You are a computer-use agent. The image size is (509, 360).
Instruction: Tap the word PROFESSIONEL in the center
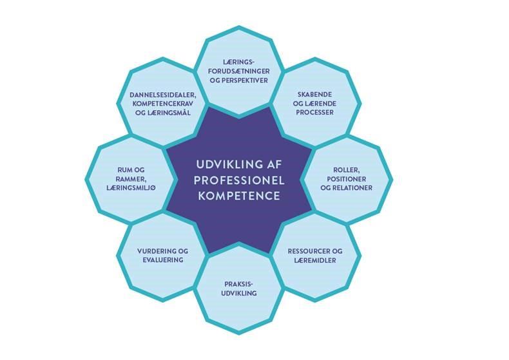point(239,180)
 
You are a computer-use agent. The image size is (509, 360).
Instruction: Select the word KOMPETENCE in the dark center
point(239,196)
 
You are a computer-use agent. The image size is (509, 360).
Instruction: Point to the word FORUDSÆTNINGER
point(239,71)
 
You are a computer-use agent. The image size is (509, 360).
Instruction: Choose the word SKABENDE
point(314,95)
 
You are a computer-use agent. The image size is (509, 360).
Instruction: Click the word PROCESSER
point(314,113)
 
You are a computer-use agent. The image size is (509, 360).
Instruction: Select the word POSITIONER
point(347,179)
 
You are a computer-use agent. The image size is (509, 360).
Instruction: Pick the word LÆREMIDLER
point(315,260)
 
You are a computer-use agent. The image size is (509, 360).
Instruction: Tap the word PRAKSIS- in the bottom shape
point(238,284)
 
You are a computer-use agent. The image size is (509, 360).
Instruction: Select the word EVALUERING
point(163,260)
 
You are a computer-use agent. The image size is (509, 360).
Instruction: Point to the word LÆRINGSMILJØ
point(131,188)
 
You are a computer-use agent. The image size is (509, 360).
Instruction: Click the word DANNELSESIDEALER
point(162,95)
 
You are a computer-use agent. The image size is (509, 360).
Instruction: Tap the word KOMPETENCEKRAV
point(162,104)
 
